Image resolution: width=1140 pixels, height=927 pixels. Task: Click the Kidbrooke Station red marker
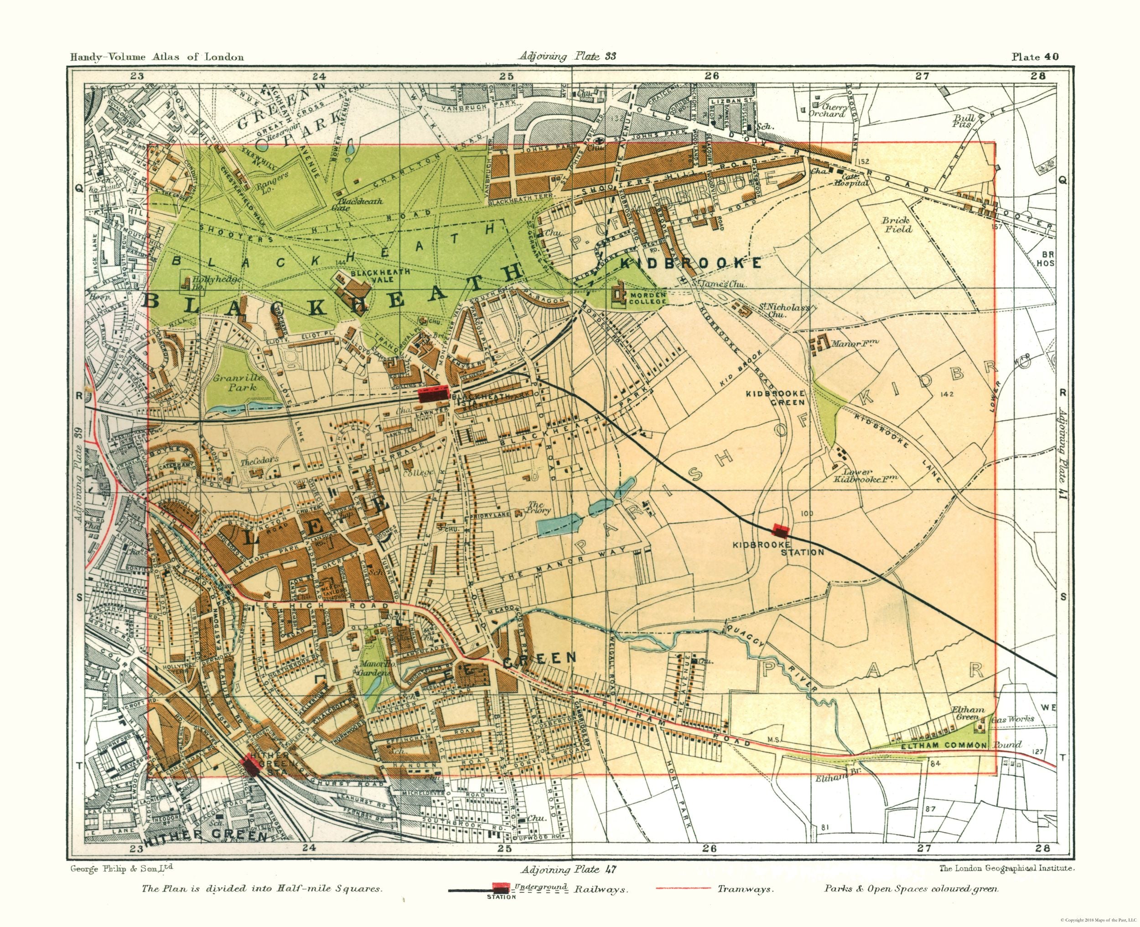781,531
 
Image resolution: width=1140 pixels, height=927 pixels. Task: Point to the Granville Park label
238,383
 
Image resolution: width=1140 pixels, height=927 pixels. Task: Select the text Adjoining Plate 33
567,56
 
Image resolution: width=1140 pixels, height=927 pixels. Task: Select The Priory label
537,507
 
